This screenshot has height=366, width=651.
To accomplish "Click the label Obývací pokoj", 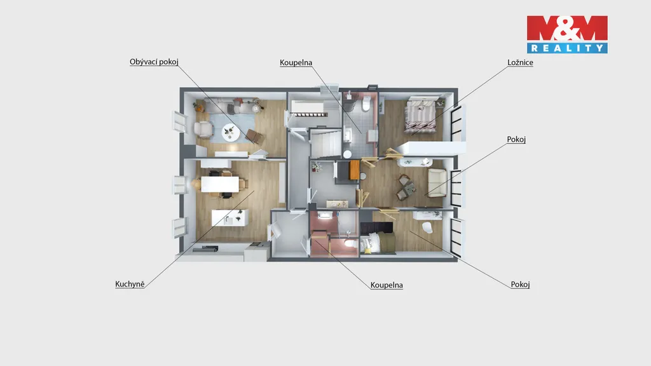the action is (x=154, y=62).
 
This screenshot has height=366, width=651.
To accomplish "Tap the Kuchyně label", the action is (x=130, y=284).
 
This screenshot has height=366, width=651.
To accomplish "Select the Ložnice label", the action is (x=520, y=62).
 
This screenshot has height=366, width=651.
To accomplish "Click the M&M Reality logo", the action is (x=567, y=34).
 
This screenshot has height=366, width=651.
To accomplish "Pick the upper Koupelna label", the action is (x=296, y=63).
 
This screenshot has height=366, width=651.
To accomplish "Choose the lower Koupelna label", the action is (x=387, y=285).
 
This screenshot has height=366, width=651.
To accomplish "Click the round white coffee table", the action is (x=231, y=133).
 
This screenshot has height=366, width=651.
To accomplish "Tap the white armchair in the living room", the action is (x=203, y=129).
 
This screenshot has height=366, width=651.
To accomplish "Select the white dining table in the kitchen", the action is (x=220, y=184).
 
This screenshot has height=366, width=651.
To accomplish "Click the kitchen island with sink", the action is (x=230, y=217).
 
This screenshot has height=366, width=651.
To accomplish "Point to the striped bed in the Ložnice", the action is (x=420, y=116).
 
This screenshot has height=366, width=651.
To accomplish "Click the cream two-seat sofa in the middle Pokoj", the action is (x=437, y=182).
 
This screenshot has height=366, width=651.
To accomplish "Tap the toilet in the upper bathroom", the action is (x=366, y=104).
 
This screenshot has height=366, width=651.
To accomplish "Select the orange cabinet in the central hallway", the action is (x=354, y=170).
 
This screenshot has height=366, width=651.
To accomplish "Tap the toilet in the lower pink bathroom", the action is (x=351, y=243).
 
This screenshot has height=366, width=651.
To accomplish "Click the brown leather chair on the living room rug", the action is (x=254, y=136).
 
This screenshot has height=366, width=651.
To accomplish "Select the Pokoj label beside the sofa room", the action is (x=516, y=139).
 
